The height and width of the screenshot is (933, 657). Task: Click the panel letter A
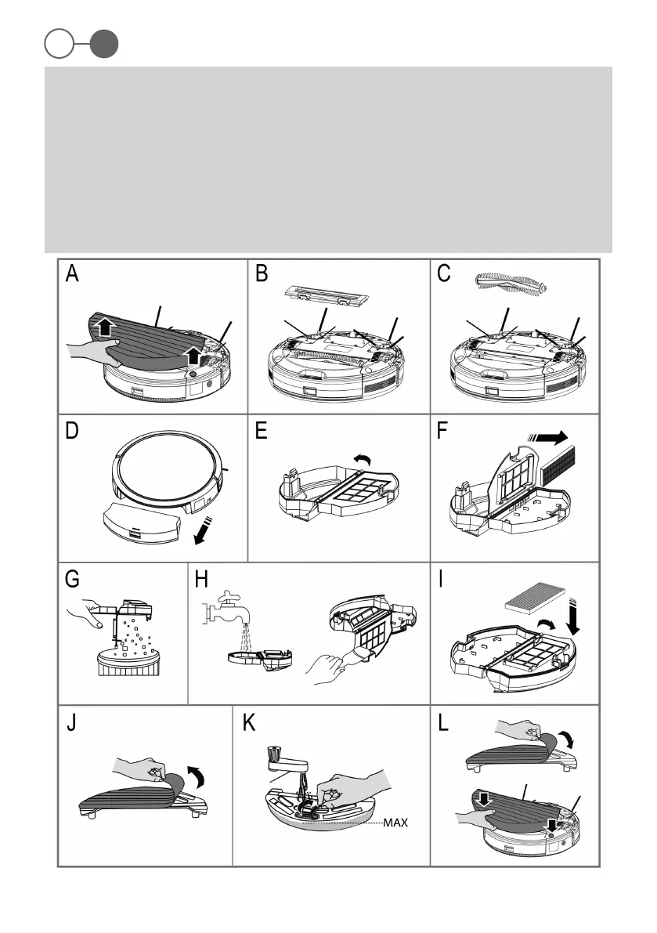(x=72, y=274)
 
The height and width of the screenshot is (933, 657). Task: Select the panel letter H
(x=202, y=579)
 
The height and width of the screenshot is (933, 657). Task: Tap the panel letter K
(x=250, y=722)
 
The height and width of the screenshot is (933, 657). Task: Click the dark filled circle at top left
(x=103, y=45)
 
